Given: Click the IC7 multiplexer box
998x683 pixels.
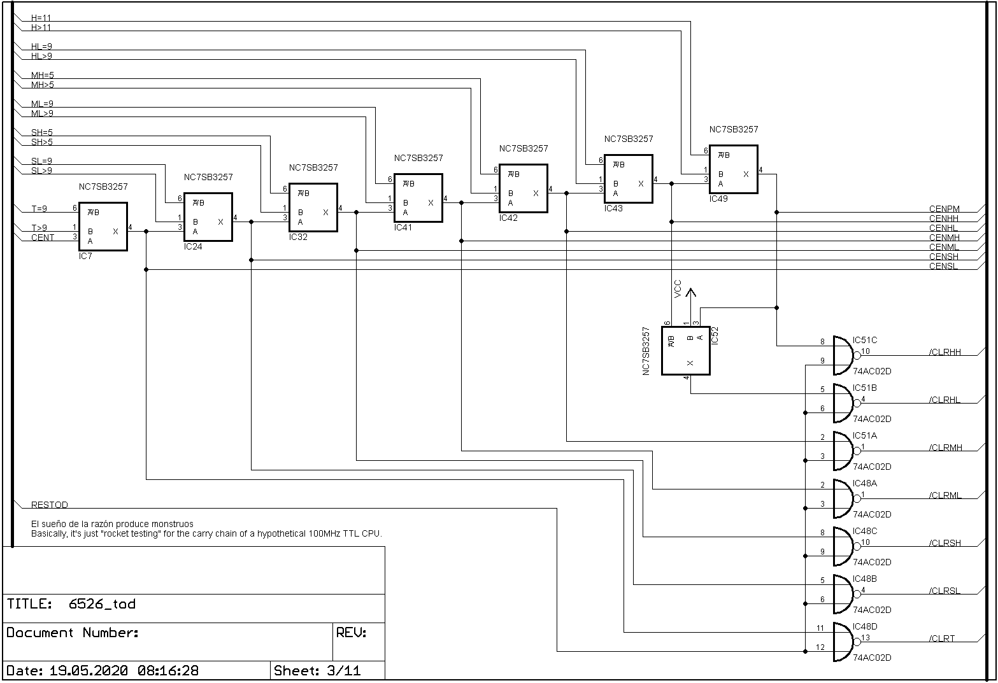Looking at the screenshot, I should (x=103, y=227).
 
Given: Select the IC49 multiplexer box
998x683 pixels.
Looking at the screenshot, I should (x=734, y=169).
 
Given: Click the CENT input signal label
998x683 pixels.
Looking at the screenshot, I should (x=43, y=237).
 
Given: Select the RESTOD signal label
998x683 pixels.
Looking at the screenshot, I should (x=50, y=505).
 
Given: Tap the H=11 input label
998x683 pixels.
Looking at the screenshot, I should (x=41, y=18).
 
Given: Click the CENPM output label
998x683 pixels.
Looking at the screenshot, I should (x=944, y=209).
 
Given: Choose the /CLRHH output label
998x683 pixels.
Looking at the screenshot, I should (x=945, y=352).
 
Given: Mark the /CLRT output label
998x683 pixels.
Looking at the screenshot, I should (x=941, y=638).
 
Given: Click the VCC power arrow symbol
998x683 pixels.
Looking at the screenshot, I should (x=692, y=293).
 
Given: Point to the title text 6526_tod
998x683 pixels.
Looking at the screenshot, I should (x=102, y=604).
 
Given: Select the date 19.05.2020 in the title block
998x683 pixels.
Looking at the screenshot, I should (x=89, y=671).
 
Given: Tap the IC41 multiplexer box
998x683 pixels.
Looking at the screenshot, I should (x=418, y=198).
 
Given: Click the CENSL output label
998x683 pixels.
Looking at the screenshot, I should (x=943, y=266).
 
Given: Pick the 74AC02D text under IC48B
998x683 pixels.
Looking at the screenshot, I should (x=872, y=610).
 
